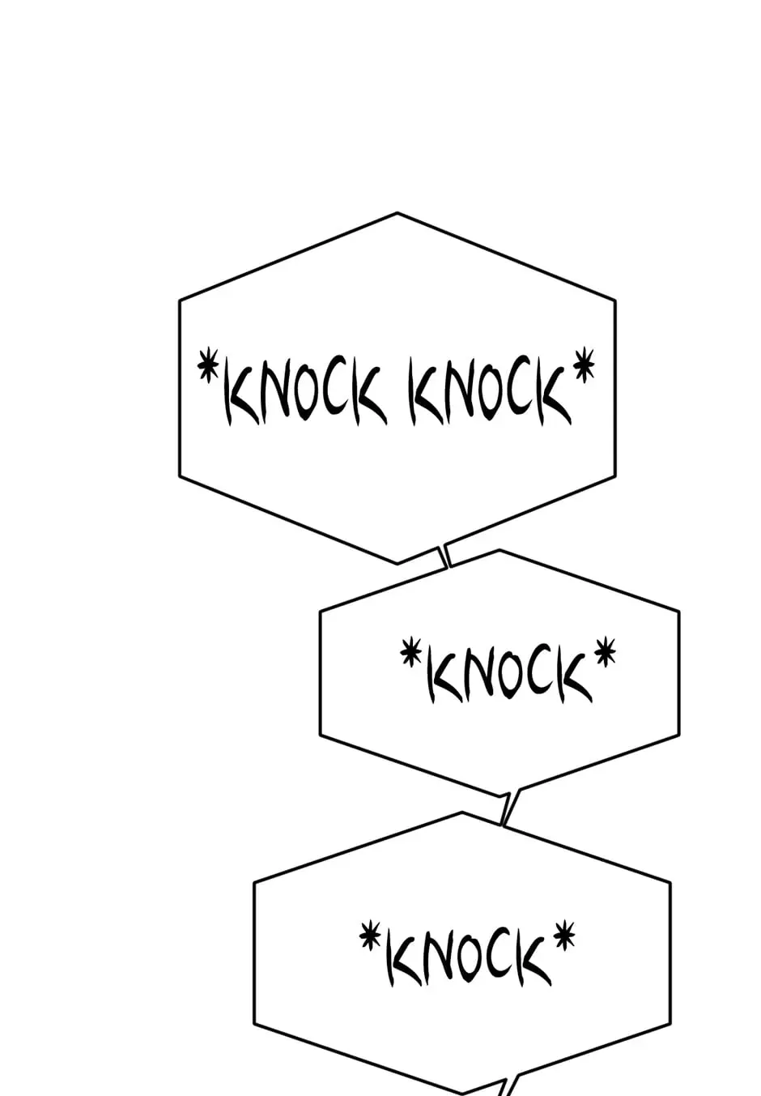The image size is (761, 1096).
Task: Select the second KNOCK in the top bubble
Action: click(x=490, y=392)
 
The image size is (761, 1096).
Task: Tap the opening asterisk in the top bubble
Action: click(x=209, y=365)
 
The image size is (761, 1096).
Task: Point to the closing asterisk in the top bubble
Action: click(x=584, y=364)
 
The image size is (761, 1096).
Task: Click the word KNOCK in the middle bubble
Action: click(x=509, y=678)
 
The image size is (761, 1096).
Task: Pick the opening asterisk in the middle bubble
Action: click(x=410, y=650)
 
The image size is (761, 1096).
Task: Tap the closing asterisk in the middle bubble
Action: click(x=606, y=650)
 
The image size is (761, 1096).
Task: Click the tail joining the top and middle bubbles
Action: click(x=445, y=557)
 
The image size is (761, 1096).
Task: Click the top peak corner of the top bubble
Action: click(x=398, y=213)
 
